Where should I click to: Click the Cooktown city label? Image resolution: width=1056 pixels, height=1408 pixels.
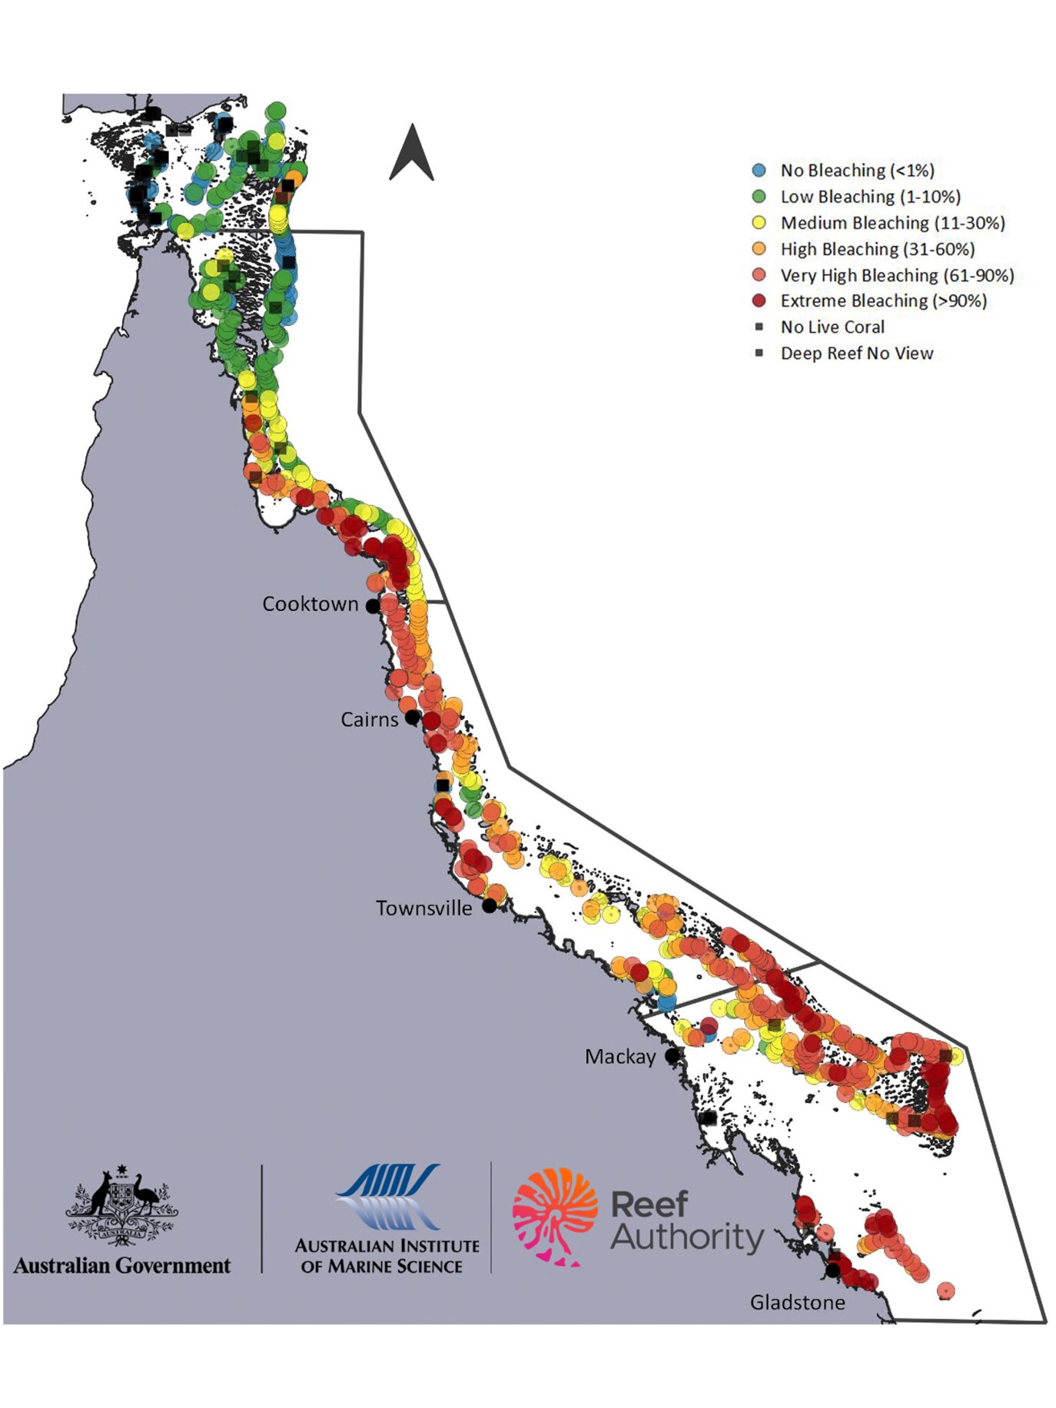[x=310, y=604]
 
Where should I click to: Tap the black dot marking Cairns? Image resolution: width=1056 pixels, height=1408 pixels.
[x=412, y=718]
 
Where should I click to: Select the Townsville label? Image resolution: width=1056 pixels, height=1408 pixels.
[x=423, y=908]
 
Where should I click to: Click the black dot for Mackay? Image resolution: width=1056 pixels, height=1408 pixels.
[x=672, y=1056]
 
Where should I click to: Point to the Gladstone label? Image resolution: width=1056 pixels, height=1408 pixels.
[x=797, y=1302]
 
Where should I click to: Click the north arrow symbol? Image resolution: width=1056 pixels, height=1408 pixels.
[x=412, y=154]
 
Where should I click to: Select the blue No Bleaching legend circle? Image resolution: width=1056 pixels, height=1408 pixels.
[x=759, y=171]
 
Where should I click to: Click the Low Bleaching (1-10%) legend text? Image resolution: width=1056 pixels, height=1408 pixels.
[x=870, y=197]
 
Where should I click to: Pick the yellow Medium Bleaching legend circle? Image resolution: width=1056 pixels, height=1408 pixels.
[x=759, y=223]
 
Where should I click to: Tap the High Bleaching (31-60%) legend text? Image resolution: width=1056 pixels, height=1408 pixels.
[x=877, y=249]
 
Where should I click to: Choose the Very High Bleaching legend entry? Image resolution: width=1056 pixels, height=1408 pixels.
[x=897, y=275]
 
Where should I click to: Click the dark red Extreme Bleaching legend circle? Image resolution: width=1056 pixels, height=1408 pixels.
[x=759, y=301]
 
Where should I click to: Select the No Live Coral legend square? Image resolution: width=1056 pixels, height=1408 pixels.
[x=759, y=327]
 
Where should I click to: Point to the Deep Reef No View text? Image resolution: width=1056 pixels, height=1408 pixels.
[x=856, y=354]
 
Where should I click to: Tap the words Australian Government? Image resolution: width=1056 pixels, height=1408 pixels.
[x=121, y=1266]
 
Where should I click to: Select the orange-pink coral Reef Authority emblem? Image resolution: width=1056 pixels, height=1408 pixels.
[x=555, y=1217]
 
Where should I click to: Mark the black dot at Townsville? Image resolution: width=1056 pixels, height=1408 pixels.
[x=489, y=906]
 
